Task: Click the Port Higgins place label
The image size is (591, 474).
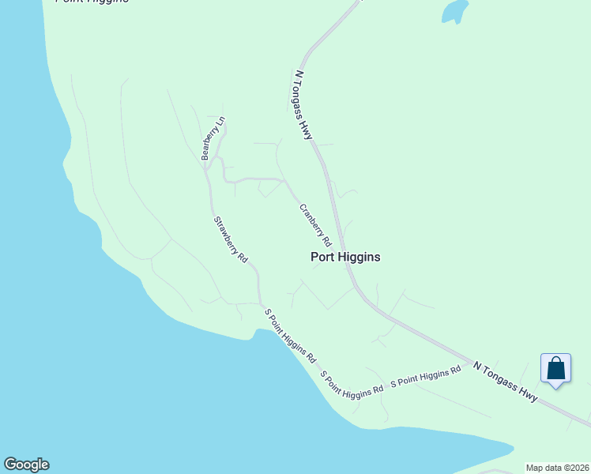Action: (x=345, y=257)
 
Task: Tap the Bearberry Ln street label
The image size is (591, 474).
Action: (x=213, y=139)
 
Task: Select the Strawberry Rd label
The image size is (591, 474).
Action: (x=231, y=239)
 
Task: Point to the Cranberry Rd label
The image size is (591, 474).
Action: (x=314, y=225)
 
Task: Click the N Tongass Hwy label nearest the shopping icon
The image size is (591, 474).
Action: (x=506, y=382)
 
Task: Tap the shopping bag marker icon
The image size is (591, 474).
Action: (x=555, y=369)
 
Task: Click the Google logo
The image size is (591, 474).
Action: (x=26, y=465)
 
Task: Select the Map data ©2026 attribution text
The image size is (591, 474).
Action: (x=558, y=468)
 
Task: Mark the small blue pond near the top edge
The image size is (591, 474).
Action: (x=454, y=11)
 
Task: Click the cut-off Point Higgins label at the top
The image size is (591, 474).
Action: (x=92, y=2)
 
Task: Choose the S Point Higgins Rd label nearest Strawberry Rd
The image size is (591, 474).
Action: (x=290, y=334)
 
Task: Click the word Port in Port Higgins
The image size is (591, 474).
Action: (x=322, y=257)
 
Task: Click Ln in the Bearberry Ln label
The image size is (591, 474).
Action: (x=221, y=122)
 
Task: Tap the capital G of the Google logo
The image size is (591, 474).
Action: (x=10, y=465)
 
